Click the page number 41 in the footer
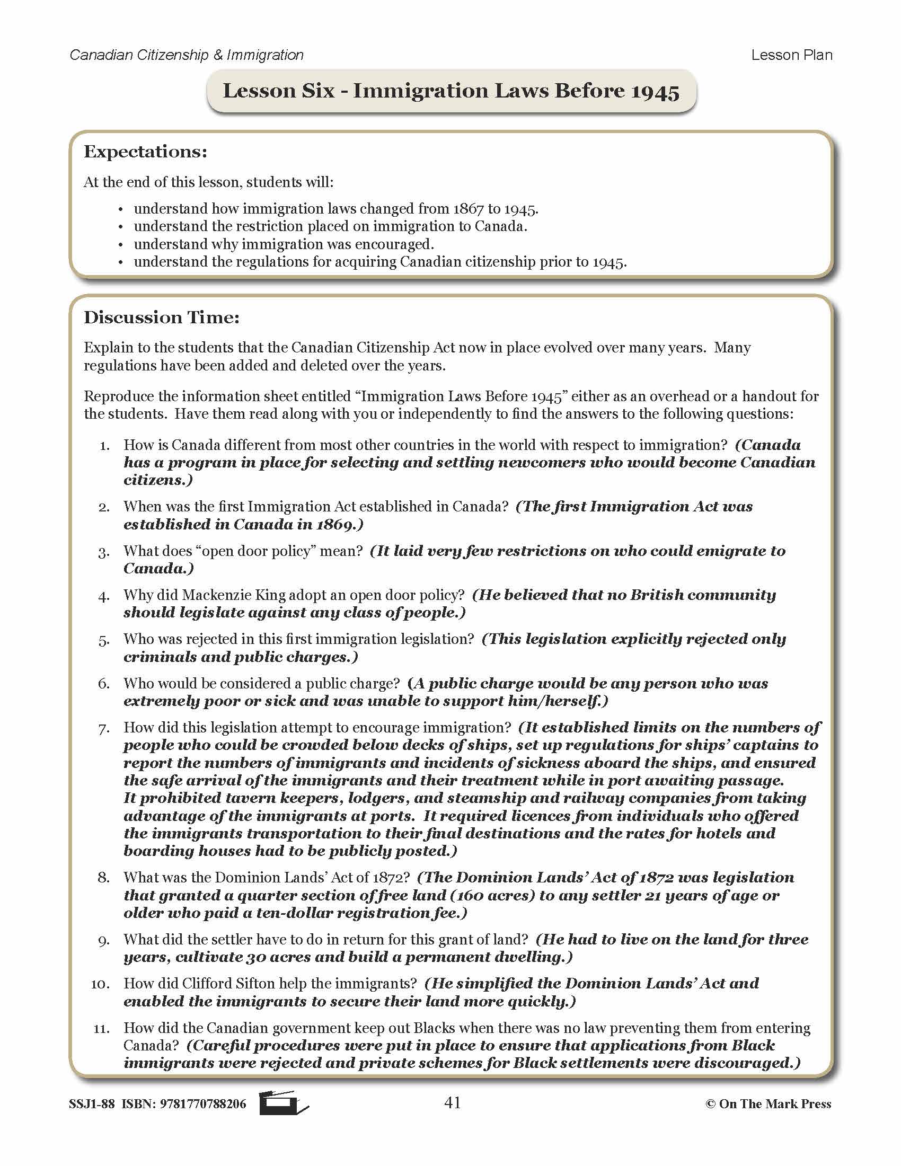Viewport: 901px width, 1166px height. [452, 1102]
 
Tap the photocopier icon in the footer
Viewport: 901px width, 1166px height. [283, 1102]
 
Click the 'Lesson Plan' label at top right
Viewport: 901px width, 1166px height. [791, 55]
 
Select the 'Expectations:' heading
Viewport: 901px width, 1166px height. [145, 152]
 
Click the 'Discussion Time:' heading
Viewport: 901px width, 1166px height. [162, 317]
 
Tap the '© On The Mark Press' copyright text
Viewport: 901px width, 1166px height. [768, 1104]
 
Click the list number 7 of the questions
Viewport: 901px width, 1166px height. [103, 728]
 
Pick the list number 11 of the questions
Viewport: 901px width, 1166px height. [101, 1028]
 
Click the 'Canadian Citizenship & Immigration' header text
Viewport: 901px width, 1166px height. [186, 55]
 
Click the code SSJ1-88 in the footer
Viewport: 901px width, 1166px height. [91, 1104]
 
